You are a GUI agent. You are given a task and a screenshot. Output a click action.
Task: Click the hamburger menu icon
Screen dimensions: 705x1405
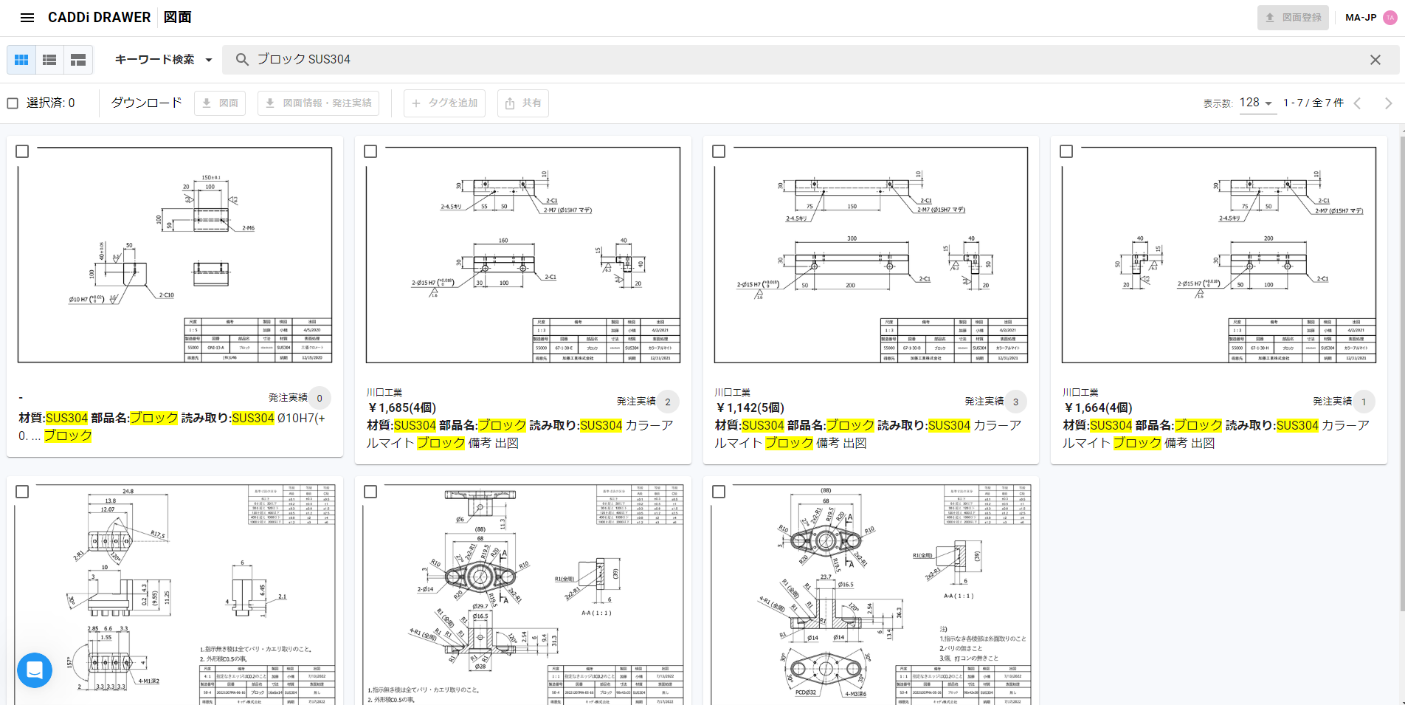(x=27, y=18)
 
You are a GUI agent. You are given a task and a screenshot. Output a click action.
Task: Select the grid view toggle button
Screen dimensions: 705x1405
(x=21, y=60)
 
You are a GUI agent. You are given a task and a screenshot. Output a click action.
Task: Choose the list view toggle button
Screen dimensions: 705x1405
(x=49, y=60)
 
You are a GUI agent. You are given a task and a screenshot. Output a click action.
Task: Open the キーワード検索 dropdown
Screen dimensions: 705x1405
(x=163, y=60)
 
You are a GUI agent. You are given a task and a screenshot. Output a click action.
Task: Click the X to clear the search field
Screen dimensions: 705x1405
(x=1375, y=60)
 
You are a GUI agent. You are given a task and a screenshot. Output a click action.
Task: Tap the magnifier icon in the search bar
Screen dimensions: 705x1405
(x=242, y=60)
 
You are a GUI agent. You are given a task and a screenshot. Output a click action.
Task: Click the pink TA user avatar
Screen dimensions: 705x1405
(x=1390, y=18)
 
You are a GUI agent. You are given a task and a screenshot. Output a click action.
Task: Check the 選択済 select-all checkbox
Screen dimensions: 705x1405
(x=13, y=103)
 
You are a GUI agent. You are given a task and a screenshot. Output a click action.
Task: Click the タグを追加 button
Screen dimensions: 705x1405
(x=444, y=103)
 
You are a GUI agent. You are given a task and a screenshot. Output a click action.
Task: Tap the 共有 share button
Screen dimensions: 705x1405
(x=522, y=103)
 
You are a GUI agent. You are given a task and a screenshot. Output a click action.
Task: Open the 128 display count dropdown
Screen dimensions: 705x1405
(x=1257, y=103)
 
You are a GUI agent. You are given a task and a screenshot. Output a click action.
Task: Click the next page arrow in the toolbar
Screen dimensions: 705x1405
(x=1387, y=103)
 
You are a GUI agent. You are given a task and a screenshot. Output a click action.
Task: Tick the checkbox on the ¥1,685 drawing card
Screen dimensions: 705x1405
(x=370, y=151)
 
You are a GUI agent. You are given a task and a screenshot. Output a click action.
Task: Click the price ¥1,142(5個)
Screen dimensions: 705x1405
(x=750, y=407)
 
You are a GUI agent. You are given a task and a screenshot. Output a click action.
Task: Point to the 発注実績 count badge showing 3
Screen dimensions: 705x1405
(x=1015, y=402)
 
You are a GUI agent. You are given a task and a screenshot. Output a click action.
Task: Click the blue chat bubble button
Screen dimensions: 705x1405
(x=35, y=670)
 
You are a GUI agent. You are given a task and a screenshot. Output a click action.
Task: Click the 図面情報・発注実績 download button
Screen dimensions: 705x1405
(x=318, y=103)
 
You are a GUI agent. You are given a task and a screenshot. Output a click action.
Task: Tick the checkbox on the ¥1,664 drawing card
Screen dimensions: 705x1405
(x=1066, y=151)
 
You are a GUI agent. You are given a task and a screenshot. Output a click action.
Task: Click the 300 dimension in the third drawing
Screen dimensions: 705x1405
(x=852, y=238)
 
